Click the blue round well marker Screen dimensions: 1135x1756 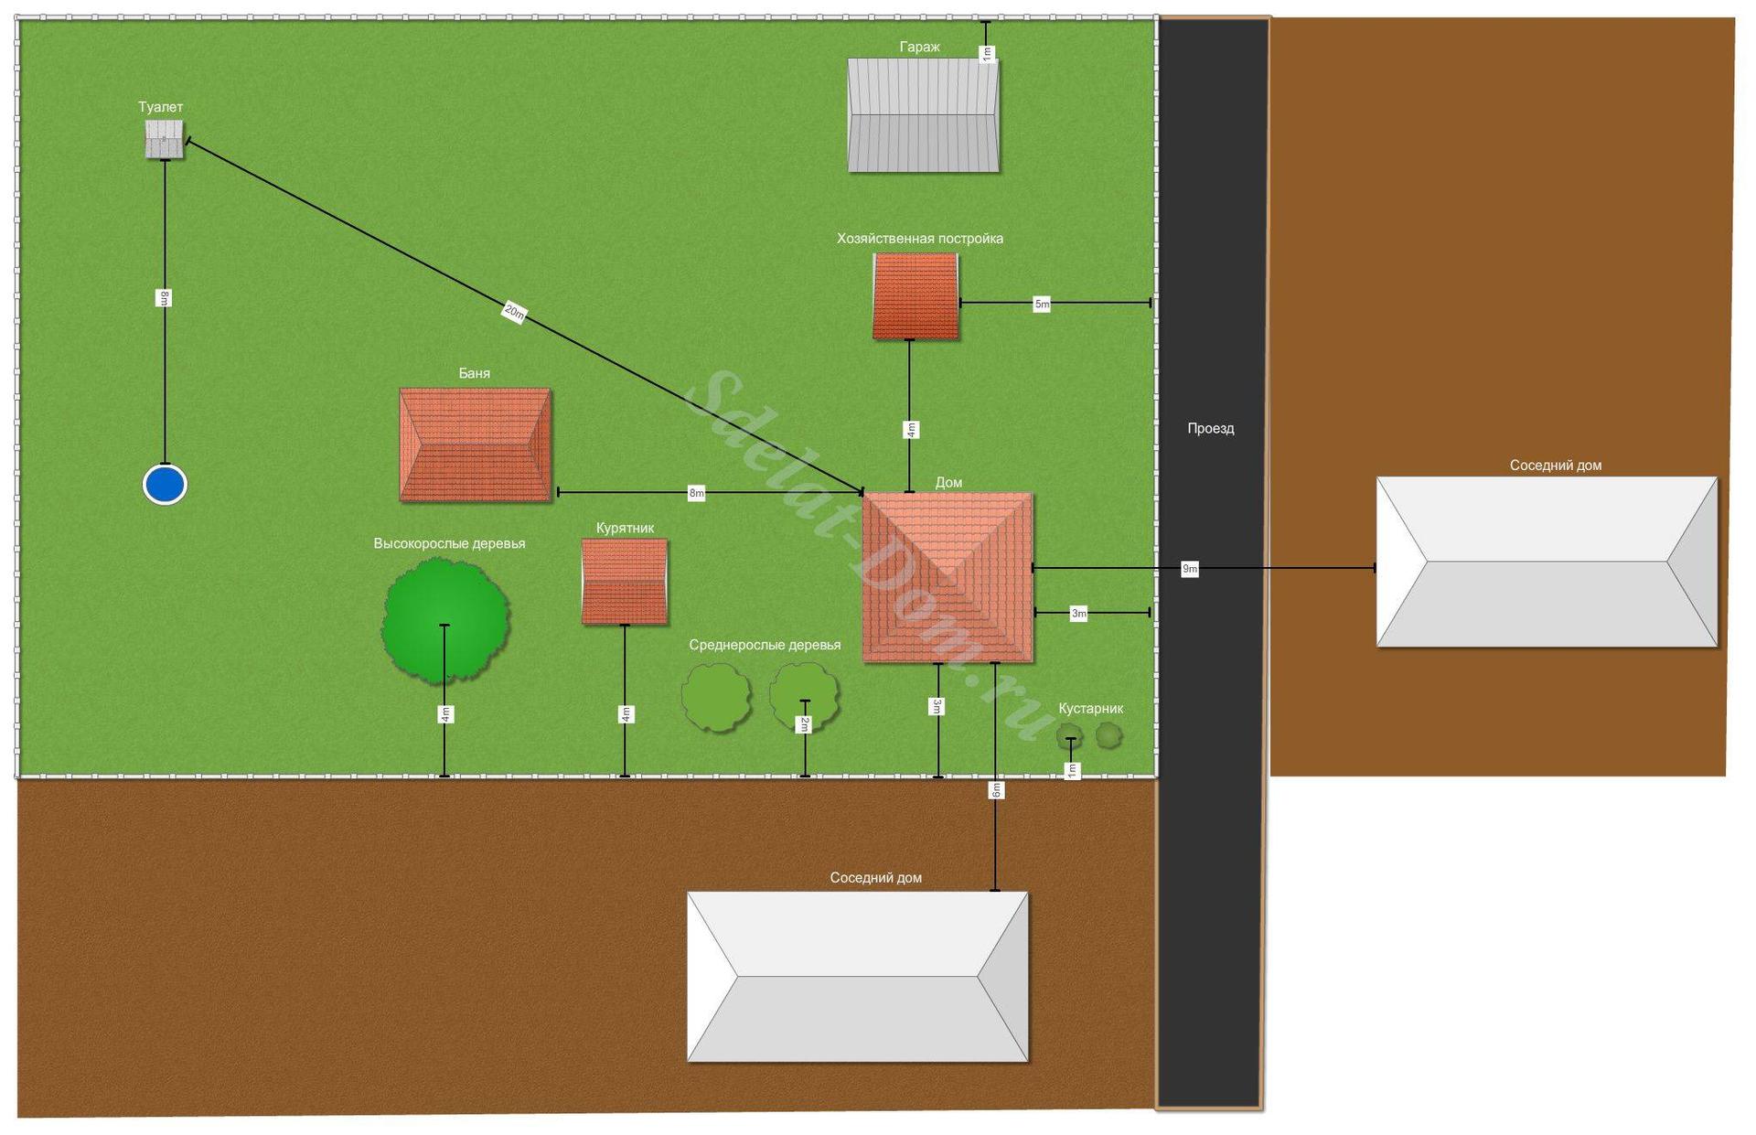pyautogui.click(x=165, y=485)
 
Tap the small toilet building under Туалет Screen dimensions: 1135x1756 pyautogui.click(x=165, y=140)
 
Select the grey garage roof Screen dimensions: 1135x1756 pyautogui.click(x=923, y=115)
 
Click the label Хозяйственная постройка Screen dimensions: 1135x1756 pyautogui.click(x=920, y=239)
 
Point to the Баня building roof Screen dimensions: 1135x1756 pyautogui.click(x=476, y=444)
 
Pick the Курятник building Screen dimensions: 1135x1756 pyautogui.click(x=625, y=582)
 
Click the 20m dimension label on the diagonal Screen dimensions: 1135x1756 pyautogui.click(x=515, y=313)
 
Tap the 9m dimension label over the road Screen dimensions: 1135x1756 pyautogui.click(x=1190, y=569)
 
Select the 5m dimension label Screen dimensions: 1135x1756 pyautogui.click(x=1042, y=304)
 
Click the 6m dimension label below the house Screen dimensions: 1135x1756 pyautogui.click(x=996, y=789)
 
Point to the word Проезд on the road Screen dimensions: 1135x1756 pyautogui.click(x=1211, y=428)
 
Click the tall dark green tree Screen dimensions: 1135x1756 pyautogui.click(x=445, y=621)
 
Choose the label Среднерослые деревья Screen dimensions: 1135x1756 pyautogui.click(x=765, y=645)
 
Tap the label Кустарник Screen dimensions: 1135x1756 pyautogui.click(x=1090, y=708)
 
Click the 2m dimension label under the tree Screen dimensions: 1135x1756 pyautogui.click(x=805, y=724)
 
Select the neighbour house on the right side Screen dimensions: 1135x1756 pyautogui.click(x=1547, y=562)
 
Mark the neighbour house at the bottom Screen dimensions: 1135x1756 pyautogui.click(x=857, y=977)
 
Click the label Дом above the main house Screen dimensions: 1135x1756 pyautogui.click(x=948, y=482)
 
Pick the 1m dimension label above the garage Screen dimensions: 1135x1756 pyautogui.click(x=986, y=54)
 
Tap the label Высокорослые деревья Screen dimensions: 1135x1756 pyautogui.click(x=449, y=543)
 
